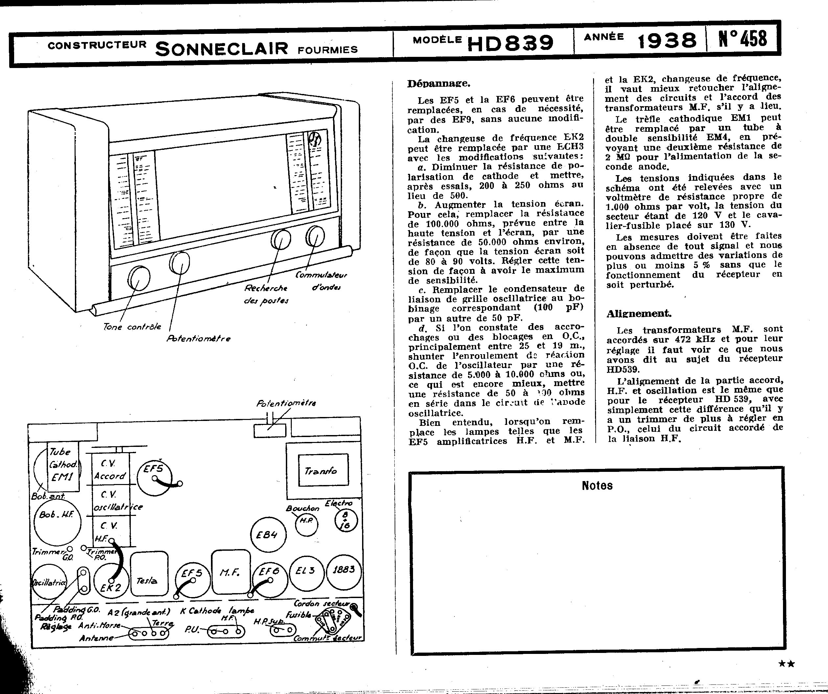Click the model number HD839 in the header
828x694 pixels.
coord(509,43)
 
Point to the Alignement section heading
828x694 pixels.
coord(639,313)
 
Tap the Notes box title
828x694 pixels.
coord(597,485)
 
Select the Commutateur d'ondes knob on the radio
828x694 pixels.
coord(315,236)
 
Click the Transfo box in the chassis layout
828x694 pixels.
coord(323,472)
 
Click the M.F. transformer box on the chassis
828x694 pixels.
coord(231,572)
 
